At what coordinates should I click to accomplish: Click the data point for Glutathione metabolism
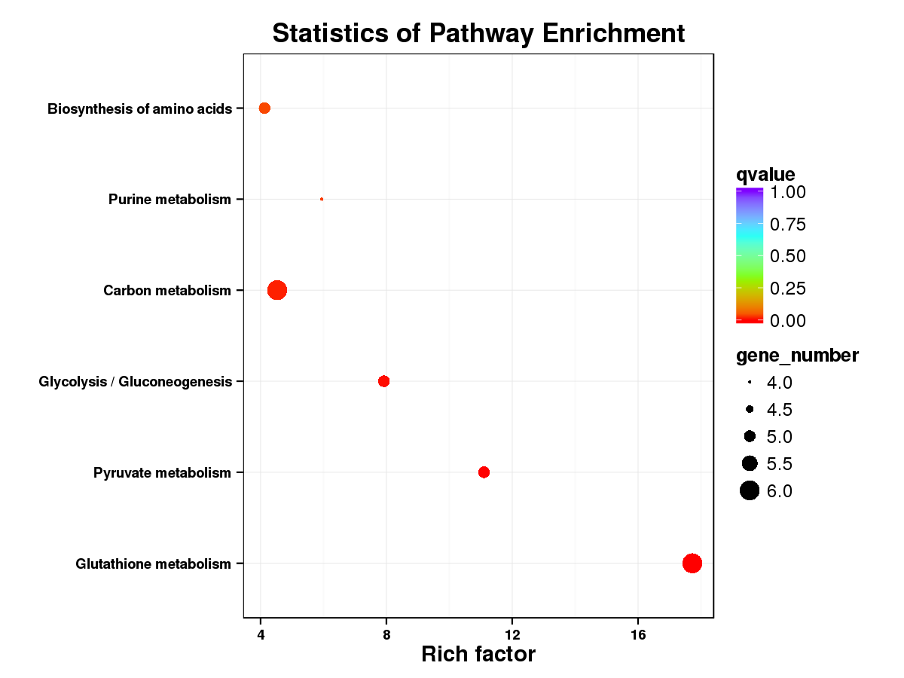692,563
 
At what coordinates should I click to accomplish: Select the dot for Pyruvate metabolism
484,472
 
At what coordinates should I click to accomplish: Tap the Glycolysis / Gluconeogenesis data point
383,381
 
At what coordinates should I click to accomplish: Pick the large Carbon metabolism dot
277,290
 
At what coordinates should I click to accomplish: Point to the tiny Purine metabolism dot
322,199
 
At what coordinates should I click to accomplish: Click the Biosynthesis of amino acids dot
264,108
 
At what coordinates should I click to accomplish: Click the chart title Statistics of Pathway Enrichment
478,34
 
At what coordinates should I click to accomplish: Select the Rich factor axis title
478,654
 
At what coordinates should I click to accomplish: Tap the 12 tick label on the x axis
512,634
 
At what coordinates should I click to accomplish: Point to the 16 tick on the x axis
638,634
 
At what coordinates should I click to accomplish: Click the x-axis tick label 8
386,634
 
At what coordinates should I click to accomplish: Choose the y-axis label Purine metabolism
169,200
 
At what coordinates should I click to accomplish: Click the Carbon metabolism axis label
167,291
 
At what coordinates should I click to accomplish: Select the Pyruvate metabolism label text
162,473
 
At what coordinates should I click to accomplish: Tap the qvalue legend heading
765,175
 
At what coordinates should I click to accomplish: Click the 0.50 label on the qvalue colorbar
787,256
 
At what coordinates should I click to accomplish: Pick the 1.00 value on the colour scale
787,192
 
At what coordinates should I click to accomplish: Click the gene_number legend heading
797,355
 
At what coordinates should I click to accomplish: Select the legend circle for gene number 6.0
749,491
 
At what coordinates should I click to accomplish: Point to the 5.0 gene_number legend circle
750,436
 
